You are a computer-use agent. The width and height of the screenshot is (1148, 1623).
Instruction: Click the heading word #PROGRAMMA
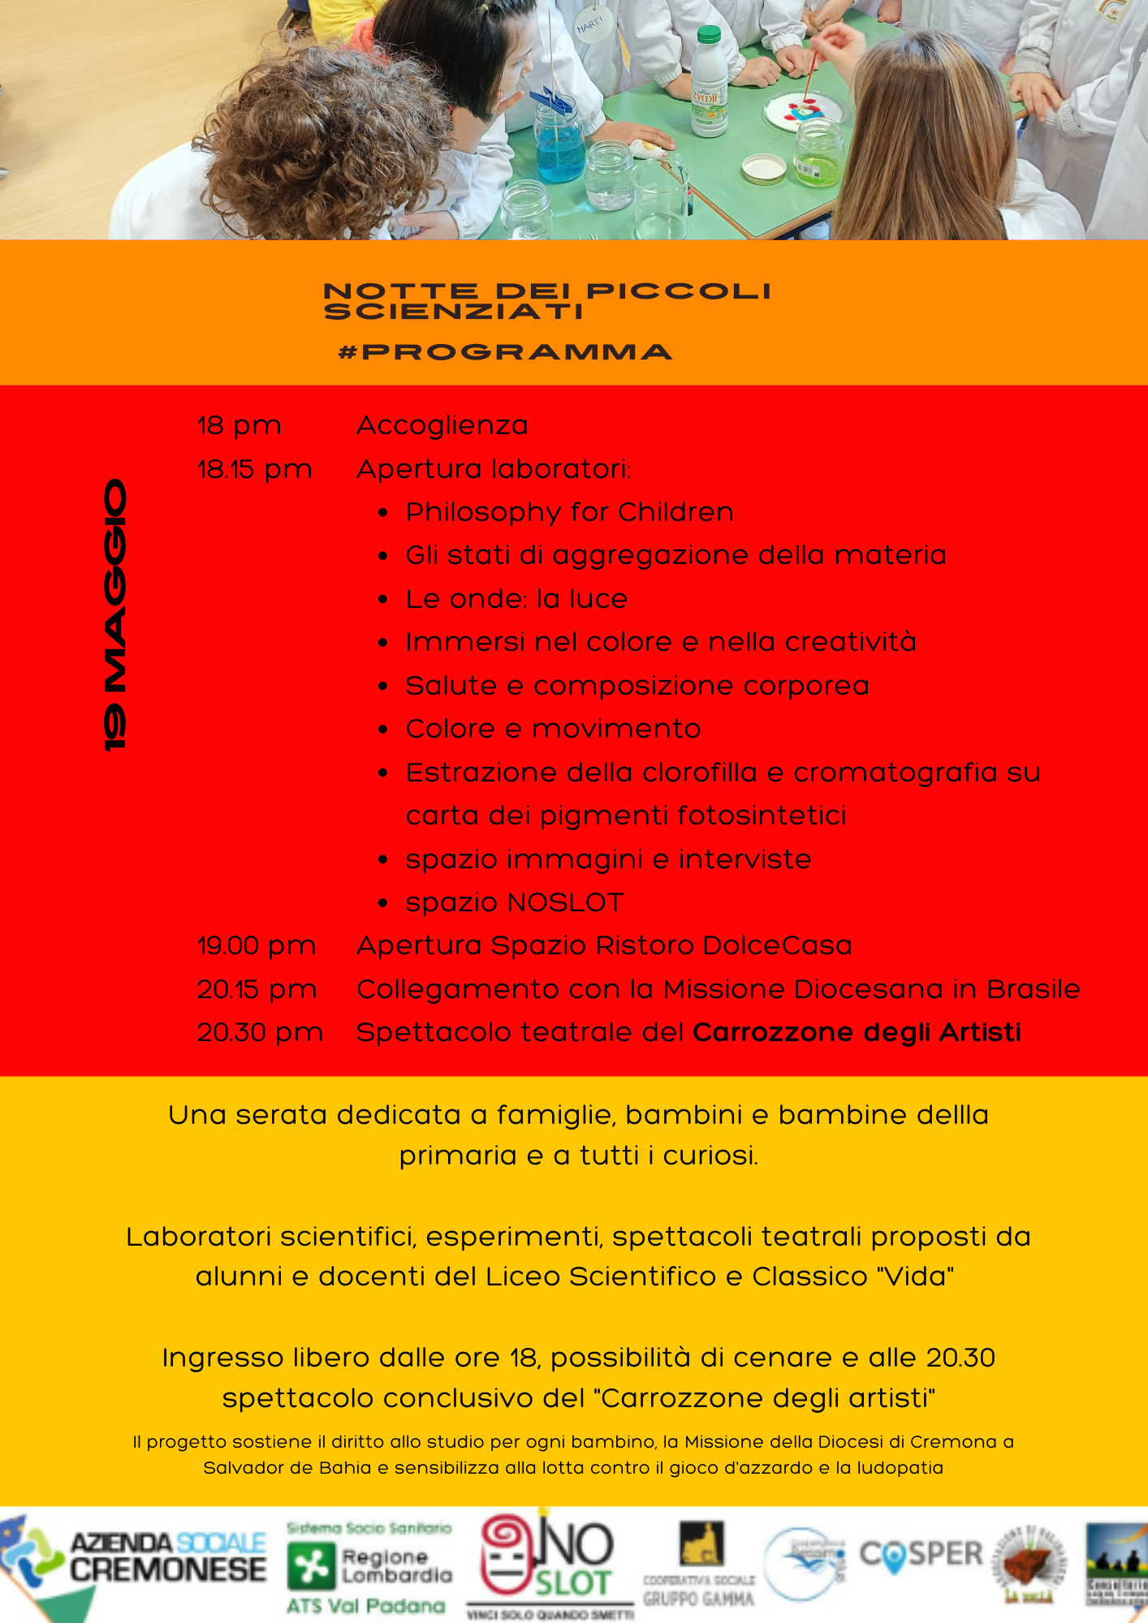point(505,352)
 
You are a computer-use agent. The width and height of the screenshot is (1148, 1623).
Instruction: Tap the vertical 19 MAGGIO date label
point(115,615)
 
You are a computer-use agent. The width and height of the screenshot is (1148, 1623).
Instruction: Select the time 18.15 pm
point(254,469)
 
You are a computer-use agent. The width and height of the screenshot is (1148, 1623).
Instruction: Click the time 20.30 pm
point(260,1032)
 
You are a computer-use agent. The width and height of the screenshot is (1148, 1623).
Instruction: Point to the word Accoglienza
point(442,425)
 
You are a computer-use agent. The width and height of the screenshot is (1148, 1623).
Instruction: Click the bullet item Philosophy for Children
point(569,512)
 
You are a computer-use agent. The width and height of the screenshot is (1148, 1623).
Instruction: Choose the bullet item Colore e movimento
point(553,729)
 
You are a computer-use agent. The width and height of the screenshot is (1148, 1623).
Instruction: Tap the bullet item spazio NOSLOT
point(515,902)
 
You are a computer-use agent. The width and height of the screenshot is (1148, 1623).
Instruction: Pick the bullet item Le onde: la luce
point(516,599)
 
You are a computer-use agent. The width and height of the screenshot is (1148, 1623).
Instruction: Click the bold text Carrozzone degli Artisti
point(857,1032)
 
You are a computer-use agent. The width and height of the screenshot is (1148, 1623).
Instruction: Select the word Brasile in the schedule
point(1033,989)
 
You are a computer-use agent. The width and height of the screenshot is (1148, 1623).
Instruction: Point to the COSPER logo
point(921,1555)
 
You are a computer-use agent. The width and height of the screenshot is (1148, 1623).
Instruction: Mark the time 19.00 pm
point(257,945)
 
